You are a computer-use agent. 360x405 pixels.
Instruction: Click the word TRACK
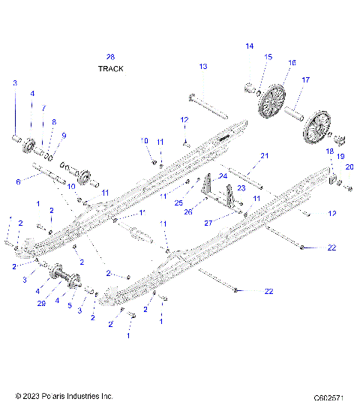point(110,68)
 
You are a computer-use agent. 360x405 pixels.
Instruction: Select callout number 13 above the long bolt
point(202,67)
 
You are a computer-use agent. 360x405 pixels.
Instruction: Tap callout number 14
point(250,46)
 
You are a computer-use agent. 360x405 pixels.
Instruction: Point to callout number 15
point(268,57)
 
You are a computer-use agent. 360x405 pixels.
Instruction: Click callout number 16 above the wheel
point(292,63)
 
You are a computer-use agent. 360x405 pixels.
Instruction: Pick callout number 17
point(305,79)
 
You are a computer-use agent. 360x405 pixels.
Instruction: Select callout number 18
point(328,151)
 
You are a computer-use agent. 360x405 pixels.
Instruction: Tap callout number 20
point(349,166)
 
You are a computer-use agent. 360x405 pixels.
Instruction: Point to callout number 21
point(263,156)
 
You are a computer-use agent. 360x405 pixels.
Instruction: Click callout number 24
point(223,176)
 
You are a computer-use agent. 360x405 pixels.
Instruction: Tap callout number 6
point(18,181)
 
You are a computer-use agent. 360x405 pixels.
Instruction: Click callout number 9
point(64,135)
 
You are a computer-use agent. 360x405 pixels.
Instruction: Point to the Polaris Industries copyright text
point(64,395)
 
